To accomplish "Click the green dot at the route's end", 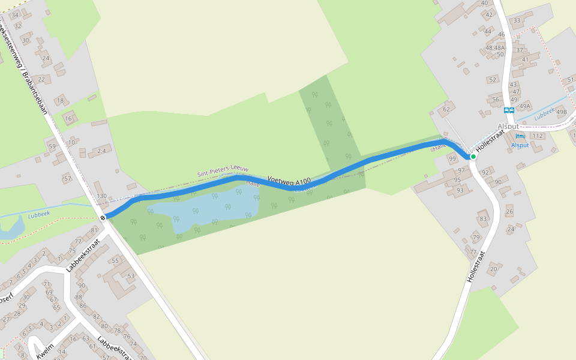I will pyautogui.click(x=473, y=157).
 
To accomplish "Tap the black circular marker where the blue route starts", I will pyautogui.click(x=103, y=217).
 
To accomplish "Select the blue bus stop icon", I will pyautogui.click(x=509, y=110).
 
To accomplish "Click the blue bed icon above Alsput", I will pyautogui.click(x=520, y=137).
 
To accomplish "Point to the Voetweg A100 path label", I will pyautogui.click(x=289, y=179).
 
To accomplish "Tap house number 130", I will pyautogui.click(x=101, y=196).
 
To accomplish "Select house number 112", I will pyautogui.click(x=537, y=136).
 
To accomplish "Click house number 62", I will pyautogui.click(x=446, y=110).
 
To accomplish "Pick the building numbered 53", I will pyautogui.click(x=131, y=276).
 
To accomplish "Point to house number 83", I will pyautogui.click(x=483, y=219).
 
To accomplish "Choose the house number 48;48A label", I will pyautogui.click(x=495, y=47).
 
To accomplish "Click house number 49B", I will pyautogui.click(x=562, y=112).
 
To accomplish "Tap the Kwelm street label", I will pyautogui.click(x=45, y=351).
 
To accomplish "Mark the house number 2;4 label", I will pyautogui.click(x=101, y=151).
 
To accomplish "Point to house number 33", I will pyautogui.click(x=517, y=20).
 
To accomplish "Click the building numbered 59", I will pyautogui.click(x=52, y=146).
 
